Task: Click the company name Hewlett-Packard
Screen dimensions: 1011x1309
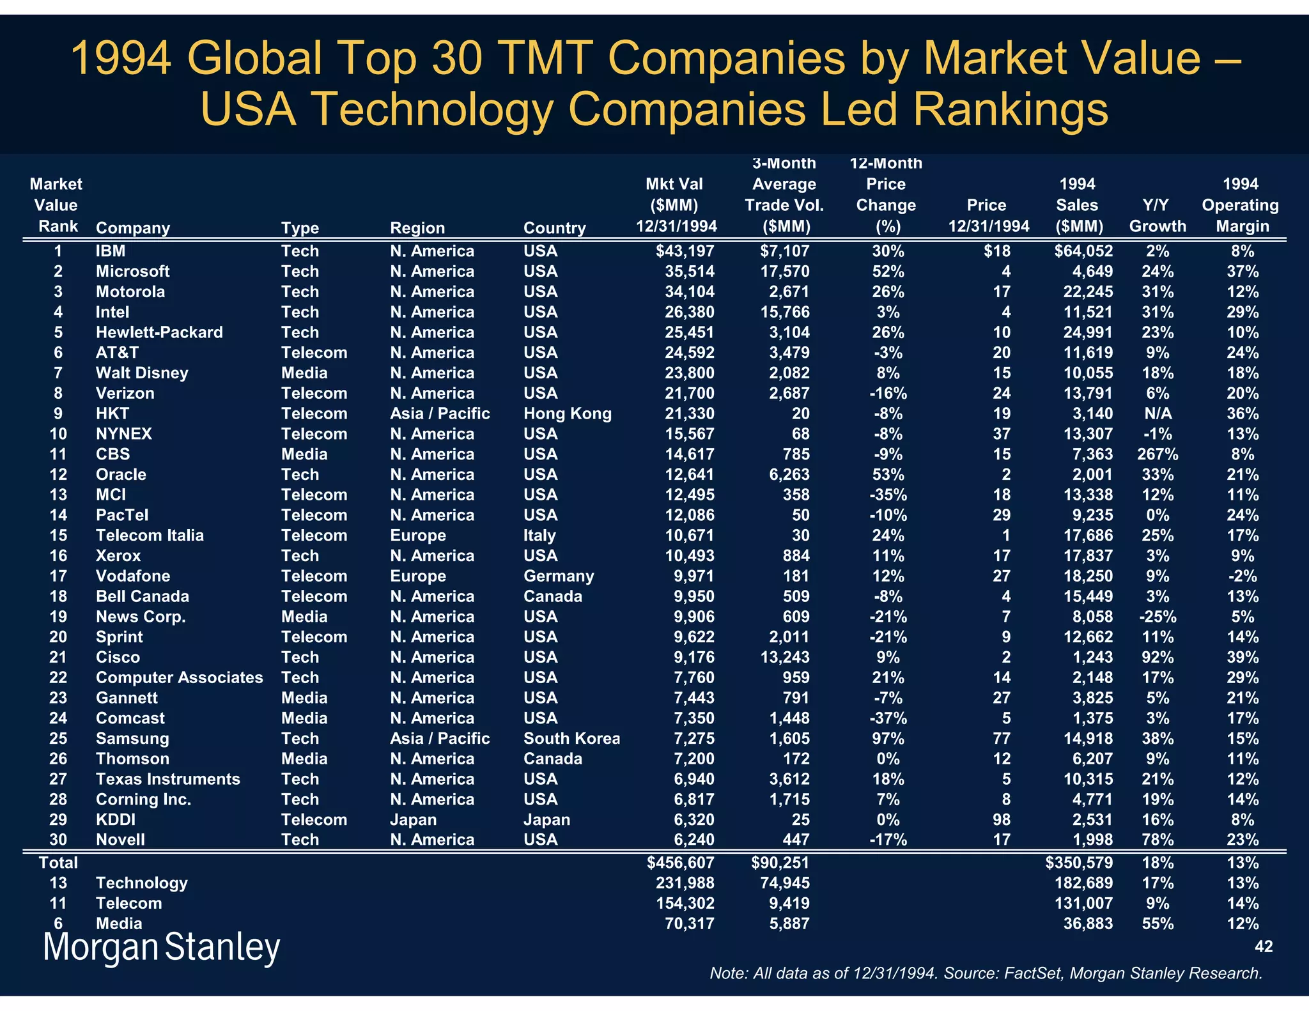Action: [159, 332]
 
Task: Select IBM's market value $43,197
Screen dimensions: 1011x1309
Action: [685, 251]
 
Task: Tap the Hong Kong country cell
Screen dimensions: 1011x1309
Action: [567, 413]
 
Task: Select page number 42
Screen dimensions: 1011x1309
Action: [1264, 946]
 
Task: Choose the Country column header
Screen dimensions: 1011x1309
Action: [554, 228]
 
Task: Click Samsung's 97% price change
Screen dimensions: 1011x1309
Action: [888, 739]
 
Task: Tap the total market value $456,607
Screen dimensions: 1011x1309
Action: [680, 863]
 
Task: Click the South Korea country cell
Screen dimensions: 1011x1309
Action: [571, 739]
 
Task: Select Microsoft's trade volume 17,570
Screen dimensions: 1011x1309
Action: [784, 272]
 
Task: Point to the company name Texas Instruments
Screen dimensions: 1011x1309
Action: [167, 779]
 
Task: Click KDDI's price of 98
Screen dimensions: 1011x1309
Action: [1001, 820]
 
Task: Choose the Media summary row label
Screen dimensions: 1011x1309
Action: [119, 923]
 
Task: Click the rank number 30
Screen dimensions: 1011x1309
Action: [58, 840]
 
